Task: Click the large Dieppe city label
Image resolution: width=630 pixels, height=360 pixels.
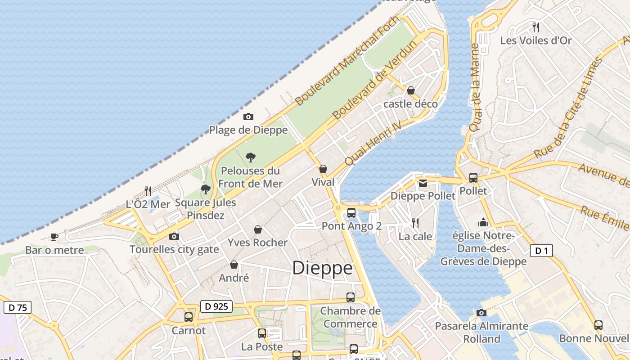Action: [322, 268]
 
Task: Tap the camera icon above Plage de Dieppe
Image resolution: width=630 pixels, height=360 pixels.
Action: [248, 117]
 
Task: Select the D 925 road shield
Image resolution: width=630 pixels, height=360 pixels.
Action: [216, 307]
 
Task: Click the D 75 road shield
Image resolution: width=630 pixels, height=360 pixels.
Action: [18, 308]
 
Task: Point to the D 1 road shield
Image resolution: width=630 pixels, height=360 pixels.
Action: [541, 251]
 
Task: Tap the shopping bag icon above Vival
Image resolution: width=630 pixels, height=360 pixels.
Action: [323, 169]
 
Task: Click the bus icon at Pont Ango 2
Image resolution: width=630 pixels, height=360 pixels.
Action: [351, 213]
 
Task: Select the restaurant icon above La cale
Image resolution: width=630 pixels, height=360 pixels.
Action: [415, 223]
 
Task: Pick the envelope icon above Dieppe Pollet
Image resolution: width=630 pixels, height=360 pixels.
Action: [423, 183]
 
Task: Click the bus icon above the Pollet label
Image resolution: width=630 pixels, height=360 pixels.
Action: [473, 178]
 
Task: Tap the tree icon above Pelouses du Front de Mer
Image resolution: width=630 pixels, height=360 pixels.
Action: [251, 157]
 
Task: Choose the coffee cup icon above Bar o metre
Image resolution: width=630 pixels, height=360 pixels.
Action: [54, 237]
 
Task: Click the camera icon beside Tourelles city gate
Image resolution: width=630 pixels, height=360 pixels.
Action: [174, 236]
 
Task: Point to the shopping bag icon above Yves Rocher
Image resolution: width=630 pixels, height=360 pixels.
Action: [258, 230]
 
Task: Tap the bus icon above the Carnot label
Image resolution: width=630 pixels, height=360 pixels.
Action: [189, 317]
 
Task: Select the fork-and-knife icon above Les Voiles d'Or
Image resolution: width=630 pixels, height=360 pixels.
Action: [535, 27]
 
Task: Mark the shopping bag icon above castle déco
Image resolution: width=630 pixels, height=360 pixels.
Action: [410, 90]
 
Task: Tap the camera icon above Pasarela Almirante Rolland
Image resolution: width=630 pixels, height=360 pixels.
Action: [481, 313]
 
